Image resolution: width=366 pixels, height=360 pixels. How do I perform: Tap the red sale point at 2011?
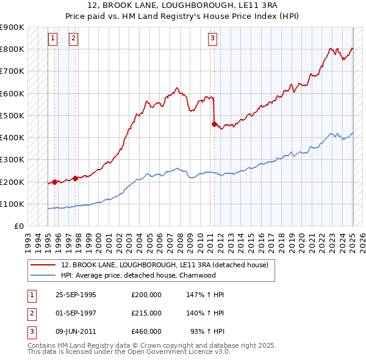(214, 124)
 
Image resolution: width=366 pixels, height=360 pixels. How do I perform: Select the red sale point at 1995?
(54, 181)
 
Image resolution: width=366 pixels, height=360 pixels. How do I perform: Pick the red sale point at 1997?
(75, 178)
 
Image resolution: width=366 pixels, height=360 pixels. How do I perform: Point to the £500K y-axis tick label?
(12, 115)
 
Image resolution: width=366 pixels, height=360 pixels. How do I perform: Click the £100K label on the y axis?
(12, 204)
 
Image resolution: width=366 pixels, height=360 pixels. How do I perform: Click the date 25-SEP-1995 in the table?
(76, 295)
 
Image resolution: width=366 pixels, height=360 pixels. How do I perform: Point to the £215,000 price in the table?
(146, 313)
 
